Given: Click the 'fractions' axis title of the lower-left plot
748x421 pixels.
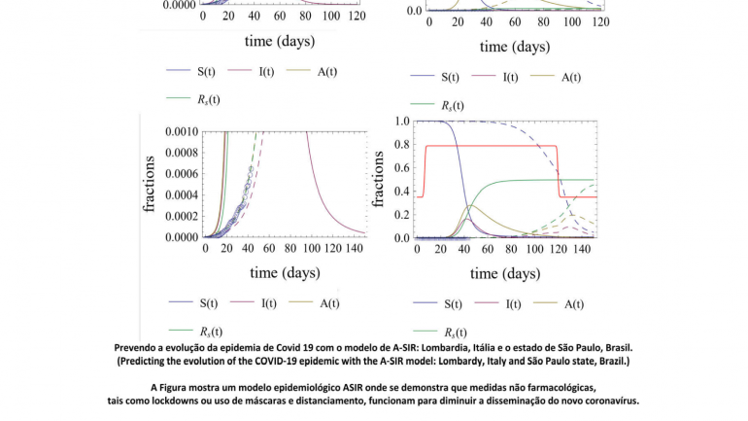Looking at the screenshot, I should click(x=150, y=183).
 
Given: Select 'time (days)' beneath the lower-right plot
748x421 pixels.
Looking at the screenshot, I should click(x=493, y=274).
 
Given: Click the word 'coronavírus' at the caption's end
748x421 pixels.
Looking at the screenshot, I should click(x=608, y=400).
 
